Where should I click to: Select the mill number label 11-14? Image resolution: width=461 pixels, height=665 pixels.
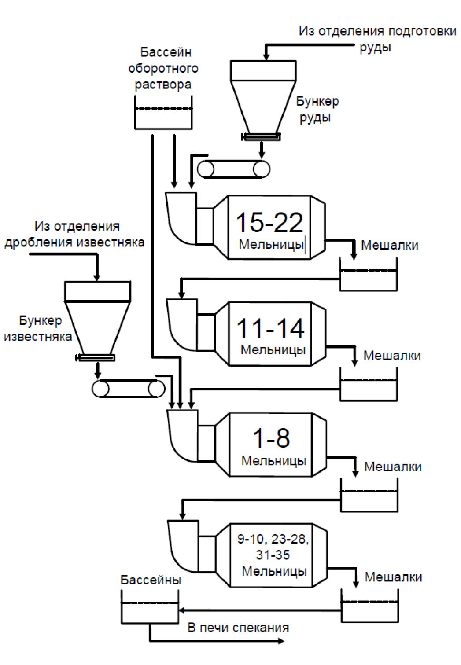coord(270,328)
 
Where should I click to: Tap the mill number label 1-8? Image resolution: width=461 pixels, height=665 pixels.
coord(271,438)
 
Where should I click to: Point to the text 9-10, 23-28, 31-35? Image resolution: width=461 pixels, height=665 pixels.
coord(273,547)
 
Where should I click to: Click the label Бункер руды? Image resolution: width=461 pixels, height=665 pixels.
coord(317,109)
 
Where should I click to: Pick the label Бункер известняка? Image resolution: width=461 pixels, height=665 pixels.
coord(38,329)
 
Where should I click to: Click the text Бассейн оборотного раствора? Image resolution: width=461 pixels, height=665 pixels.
coord(163,68)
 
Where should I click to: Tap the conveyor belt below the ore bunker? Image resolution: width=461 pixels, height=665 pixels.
coord(233,169)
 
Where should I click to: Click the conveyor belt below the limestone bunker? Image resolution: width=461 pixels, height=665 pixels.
coord(128,389)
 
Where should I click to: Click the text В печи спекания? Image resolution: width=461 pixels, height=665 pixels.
coord(238,628)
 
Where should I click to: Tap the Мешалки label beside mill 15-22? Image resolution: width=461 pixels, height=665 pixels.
coord(390,245)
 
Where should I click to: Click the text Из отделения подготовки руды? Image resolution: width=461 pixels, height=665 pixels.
coord(377,39)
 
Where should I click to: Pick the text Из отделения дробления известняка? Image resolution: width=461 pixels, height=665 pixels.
coord(75,234)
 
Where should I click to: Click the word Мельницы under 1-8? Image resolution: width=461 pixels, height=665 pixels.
coord(274,461)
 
